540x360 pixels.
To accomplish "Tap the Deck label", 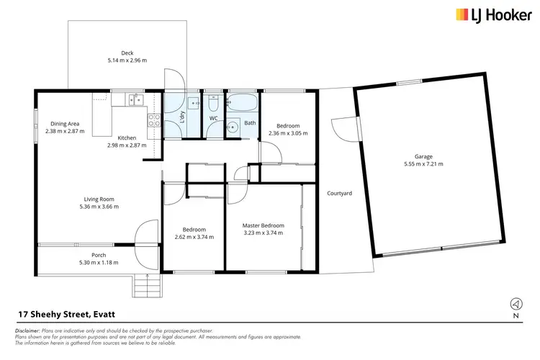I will coord(127,53).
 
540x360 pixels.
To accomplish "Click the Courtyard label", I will coord(339,193).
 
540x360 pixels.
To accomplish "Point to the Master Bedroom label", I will coord(263,225).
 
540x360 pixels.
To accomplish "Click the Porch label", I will coord(99,255).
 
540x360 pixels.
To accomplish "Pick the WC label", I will coord(213,118).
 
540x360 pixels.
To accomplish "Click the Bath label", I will coord(250,122).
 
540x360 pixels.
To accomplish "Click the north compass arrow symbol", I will coord(516,303).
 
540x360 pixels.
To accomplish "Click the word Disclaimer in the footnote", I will coord(27,330).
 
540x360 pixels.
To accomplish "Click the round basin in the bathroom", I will coord(233,127).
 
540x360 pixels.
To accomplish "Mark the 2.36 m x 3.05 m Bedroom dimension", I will coord(287,133).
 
